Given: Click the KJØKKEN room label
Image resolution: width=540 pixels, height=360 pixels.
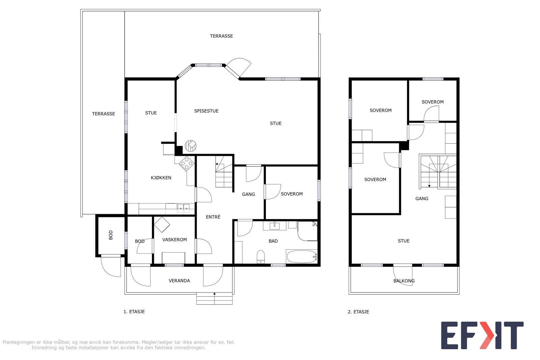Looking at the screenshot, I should [x=161, y=178].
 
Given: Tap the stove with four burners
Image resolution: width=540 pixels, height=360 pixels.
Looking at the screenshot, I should [x=187, y=164].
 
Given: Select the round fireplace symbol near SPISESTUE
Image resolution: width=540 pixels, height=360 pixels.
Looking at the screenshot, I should [x=191, y=145].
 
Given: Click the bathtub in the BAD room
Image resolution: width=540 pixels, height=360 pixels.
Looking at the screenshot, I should [x=301, y=257].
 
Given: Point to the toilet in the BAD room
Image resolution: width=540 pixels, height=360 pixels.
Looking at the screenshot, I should [x=261, y=257].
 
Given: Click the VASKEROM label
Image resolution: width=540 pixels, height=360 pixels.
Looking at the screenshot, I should [x=174, y=240].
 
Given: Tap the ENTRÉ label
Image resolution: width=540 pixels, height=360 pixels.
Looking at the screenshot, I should [x=213, y=217].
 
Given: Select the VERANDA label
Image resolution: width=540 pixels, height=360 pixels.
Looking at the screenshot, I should [x=179, y=281].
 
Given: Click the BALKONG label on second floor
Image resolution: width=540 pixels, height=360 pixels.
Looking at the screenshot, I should [x=404, y=281].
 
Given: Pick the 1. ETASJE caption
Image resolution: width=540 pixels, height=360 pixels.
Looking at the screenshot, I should [x=134, y=312].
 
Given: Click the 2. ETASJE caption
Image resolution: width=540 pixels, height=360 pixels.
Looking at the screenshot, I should [x=358, y=312].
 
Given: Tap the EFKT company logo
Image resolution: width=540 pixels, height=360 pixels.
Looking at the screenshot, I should [x=482, y=335].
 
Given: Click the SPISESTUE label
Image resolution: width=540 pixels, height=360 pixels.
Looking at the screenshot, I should [x=206, y=111].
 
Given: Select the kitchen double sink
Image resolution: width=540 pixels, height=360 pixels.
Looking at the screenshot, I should [x=184, y=209].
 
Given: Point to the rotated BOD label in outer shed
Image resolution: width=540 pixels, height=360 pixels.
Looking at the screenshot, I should [x=111, y=235].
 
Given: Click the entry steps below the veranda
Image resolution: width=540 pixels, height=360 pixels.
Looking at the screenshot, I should [x=215, y=299].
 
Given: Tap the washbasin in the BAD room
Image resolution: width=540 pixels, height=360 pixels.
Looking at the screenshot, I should [x=274, y=225].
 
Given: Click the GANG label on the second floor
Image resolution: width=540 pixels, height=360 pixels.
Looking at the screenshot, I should [x=422, y=199].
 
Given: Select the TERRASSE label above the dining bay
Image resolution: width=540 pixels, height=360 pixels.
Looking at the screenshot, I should [x=221, y=36].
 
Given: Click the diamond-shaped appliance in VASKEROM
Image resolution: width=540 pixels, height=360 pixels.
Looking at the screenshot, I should [x=162, y=224].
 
